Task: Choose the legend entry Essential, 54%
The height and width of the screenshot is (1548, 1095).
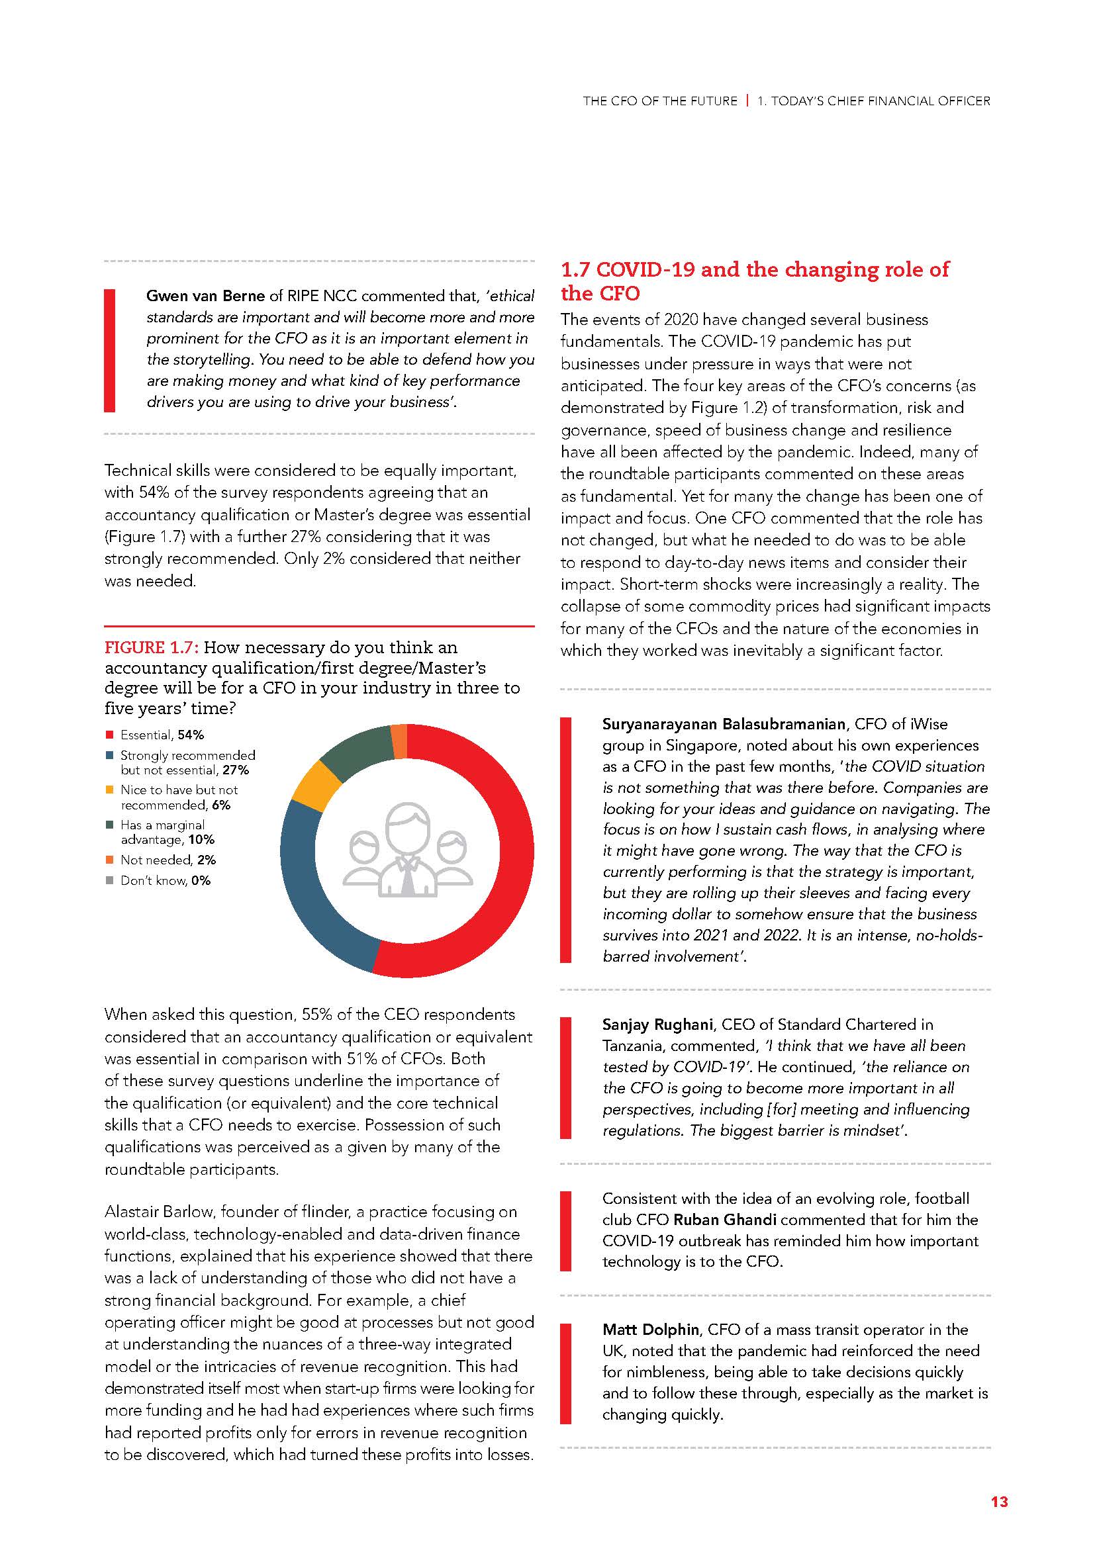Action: click(162, 735)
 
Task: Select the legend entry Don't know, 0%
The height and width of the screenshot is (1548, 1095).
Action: click(166, 880)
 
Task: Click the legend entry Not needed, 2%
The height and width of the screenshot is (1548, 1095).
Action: click(168, 860)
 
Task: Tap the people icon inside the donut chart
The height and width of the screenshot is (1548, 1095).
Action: click(407, 851)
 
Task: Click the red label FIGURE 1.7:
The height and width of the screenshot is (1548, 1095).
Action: click(151, 648)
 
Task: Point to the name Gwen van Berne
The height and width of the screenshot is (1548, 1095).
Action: click(206, 296)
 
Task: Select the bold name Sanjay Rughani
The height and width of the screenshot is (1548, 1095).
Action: click(657, 1024)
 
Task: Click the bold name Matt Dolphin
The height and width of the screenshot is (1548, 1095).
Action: click(651, 1330)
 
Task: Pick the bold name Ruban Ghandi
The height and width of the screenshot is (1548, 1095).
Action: click(725, 1220)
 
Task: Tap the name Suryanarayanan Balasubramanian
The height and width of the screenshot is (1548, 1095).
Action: click(724, 724)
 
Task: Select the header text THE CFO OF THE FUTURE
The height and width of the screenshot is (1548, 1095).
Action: click(660, 101)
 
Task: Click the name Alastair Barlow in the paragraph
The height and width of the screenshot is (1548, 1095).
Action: click(158, 1212)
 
